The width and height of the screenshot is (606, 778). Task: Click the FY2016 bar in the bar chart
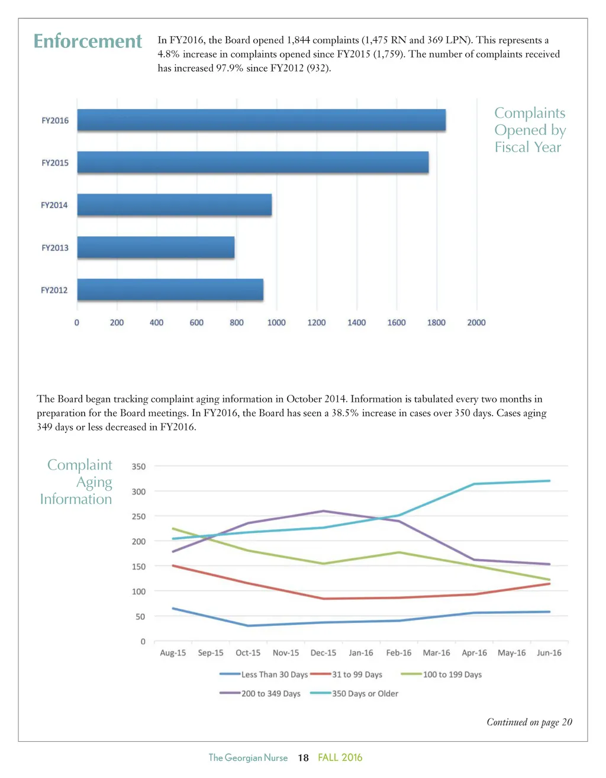(261, 120)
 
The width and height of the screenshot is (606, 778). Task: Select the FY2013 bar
(156, 247)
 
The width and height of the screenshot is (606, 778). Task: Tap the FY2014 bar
(175, 205)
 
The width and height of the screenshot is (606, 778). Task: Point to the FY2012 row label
(54, 290)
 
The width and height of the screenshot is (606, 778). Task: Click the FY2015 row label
(55, 163)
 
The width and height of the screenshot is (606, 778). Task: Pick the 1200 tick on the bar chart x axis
(317, 323)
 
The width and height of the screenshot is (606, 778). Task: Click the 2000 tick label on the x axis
(476, 323)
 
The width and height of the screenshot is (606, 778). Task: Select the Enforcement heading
(88, 41)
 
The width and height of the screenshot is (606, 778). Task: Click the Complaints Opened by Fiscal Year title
(530, 130)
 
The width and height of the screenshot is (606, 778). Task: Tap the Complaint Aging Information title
(77, 482)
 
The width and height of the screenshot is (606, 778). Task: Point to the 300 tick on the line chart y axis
(138, 491)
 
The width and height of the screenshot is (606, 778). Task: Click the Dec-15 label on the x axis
(323, 652)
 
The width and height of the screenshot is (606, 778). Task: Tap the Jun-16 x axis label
(549, 652)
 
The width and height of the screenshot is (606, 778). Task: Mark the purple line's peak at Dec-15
(323, 511)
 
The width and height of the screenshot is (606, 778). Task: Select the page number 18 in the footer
(303, 758)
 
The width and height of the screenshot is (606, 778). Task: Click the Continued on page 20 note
(529, 722)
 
